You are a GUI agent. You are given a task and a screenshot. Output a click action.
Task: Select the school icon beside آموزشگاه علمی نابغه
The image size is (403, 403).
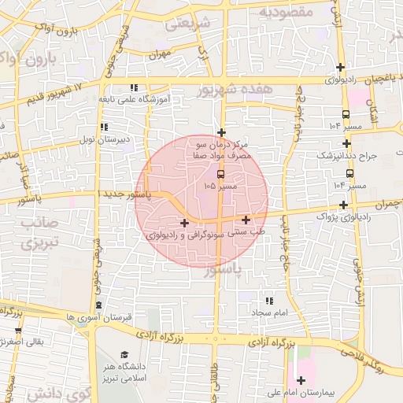[134, 87]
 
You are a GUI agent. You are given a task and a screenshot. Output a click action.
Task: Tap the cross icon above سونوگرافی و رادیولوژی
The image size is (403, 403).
[184, 224]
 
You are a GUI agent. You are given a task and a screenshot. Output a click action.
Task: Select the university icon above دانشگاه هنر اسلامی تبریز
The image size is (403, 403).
[124, 354]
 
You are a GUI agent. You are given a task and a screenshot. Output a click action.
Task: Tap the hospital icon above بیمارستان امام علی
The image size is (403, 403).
[301, 380]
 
